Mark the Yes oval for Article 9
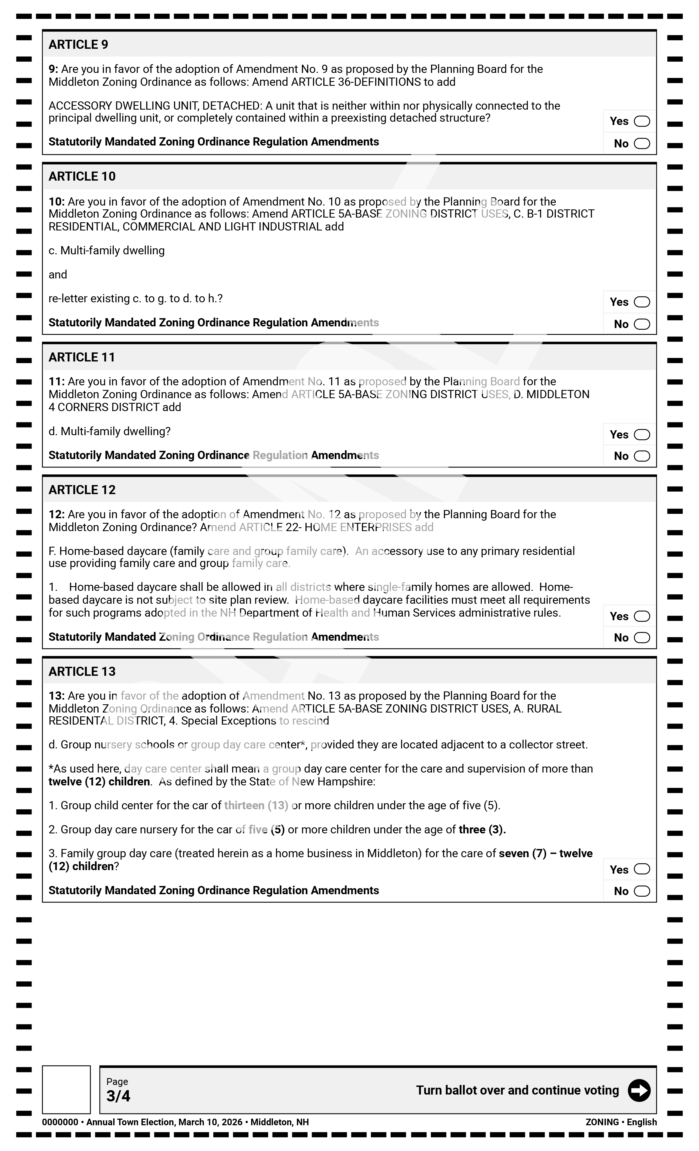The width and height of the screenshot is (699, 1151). point(641,121)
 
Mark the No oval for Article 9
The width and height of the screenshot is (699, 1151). point(641,143)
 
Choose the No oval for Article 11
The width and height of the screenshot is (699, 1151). point(641,456)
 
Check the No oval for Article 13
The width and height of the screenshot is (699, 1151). point(641,891)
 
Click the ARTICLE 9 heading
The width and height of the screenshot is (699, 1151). point(78,44)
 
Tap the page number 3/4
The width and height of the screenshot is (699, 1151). point(118,1096)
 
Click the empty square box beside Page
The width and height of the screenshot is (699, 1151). point(66,1089)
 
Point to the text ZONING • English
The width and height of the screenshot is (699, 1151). point(621,1122)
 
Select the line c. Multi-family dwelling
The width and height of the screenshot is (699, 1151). point(107,251)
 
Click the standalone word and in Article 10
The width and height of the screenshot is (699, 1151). point(58,275)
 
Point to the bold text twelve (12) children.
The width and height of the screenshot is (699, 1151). point(99,782)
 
